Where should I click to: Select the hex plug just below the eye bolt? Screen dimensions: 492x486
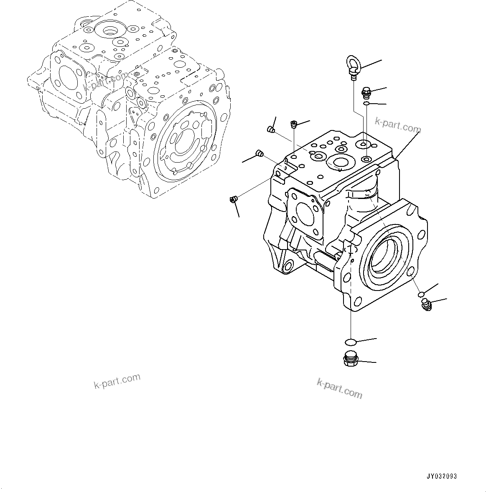pyautogui.click(x=366, y=92)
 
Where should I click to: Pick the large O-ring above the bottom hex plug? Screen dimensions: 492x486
pyautogui.click(x=350, y=342)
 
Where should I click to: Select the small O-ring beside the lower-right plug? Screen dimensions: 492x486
pyautogui.click(x=421, y=295)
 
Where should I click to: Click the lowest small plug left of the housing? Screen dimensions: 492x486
pyautogui.click(x=233, y=200)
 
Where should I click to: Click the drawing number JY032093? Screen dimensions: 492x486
pyautogui.click(x=441, y=476)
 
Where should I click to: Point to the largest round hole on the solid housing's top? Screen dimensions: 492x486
pyautogui.click(x=340, y=162)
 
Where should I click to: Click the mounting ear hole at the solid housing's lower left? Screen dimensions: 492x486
pyautogui.click(x=288, y=265)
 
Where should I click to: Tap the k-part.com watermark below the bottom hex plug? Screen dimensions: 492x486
pyautogui.click(x=340, y=388)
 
